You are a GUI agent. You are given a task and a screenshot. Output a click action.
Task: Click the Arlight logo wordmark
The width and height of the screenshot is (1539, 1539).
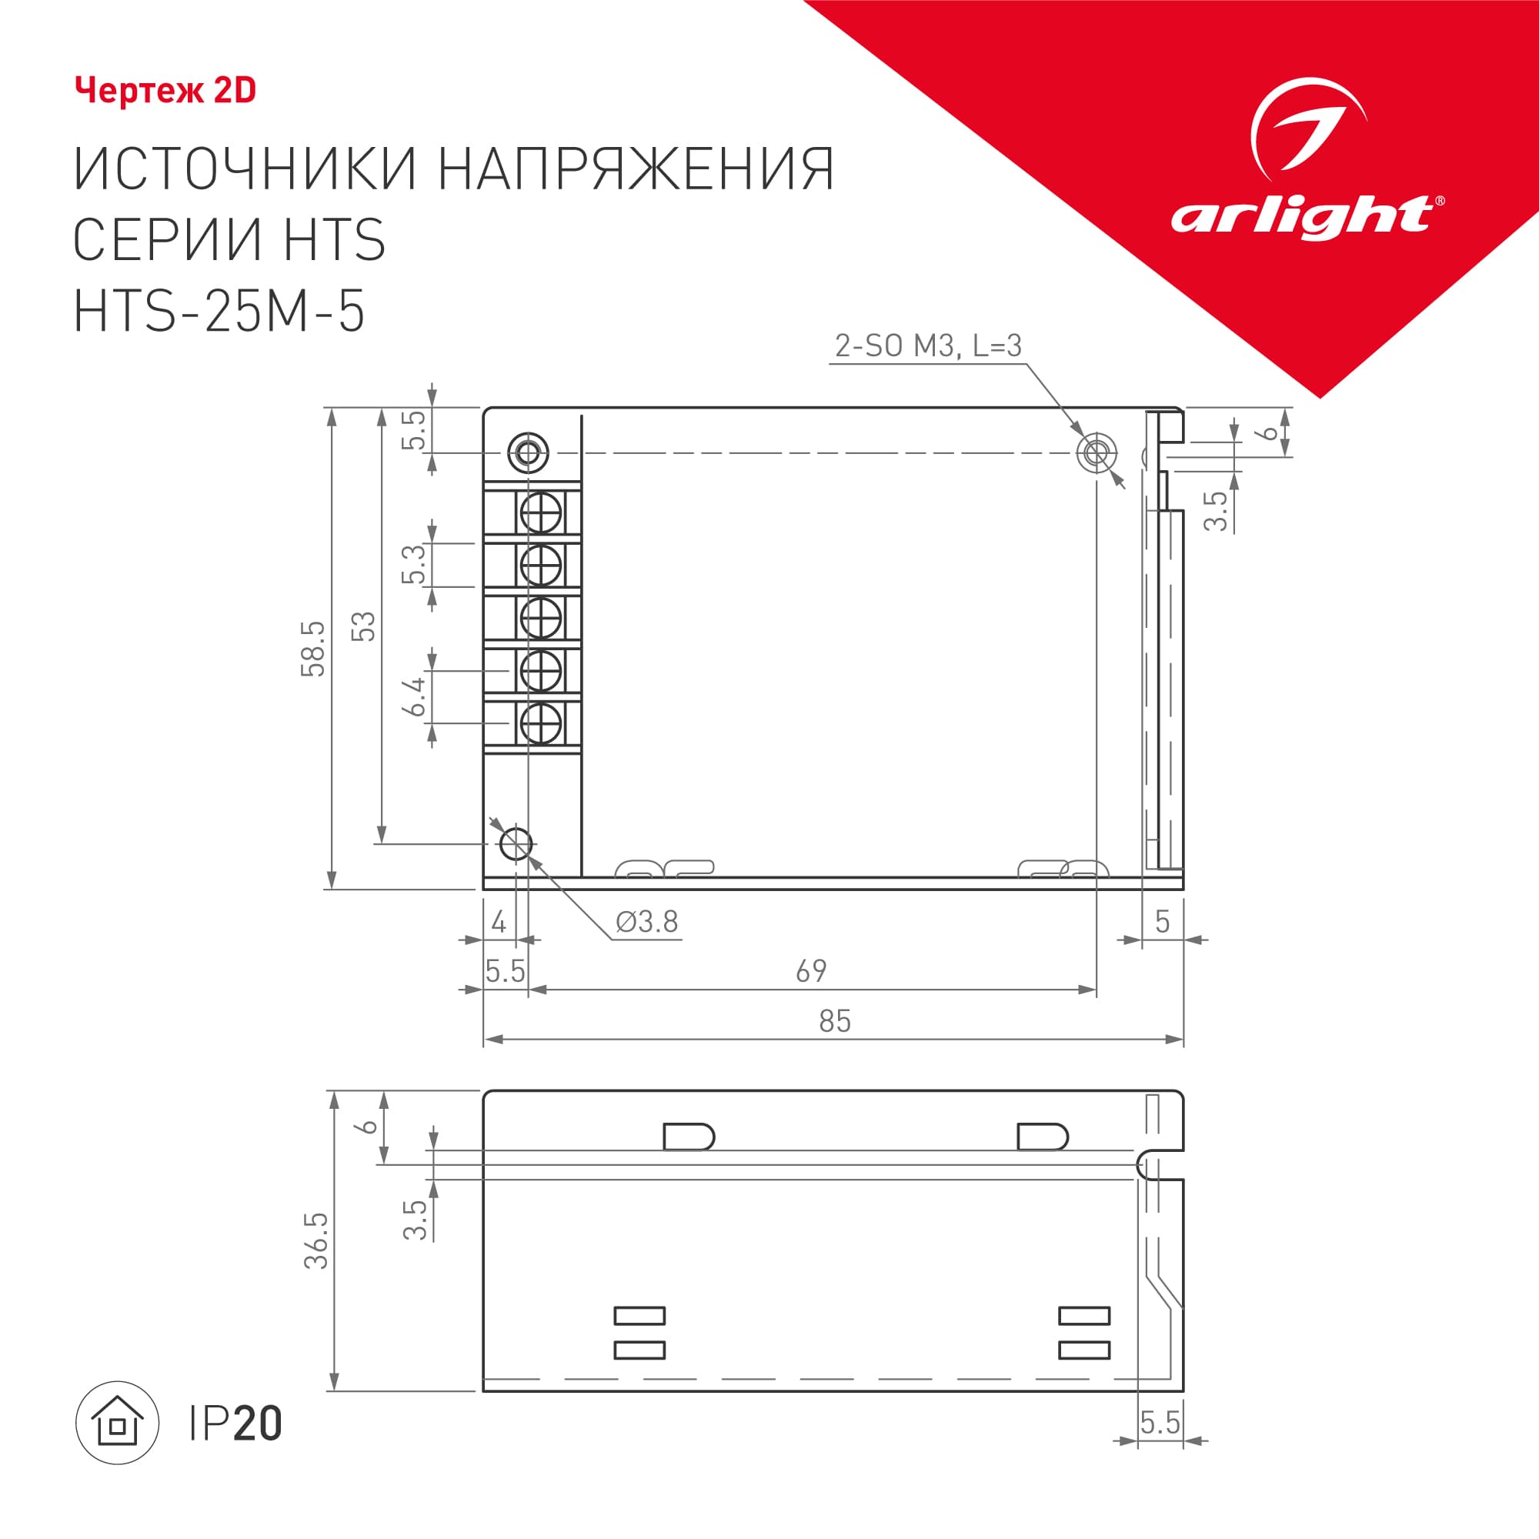1305,217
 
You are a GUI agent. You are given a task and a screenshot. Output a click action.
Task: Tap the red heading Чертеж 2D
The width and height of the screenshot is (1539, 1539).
165,91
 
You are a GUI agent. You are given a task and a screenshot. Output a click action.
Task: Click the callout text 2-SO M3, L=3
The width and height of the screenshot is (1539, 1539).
928,346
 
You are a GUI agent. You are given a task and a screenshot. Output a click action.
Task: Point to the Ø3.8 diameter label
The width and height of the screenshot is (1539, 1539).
647,922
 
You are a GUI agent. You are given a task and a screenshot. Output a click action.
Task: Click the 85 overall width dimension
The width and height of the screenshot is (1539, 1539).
835,1021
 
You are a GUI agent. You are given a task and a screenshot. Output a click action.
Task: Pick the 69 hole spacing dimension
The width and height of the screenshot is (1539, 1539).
811,971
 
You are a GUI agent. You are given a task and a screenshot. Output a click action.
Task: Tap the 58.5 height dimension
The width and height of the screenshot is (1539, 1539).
313,649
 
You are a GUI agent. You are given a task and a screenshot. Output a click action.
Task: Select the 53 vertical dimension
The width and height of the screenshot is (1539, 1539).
363,627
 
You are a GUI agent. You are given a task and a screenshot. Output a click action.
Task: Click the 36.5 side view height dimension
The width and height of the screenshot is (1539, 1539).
316,1240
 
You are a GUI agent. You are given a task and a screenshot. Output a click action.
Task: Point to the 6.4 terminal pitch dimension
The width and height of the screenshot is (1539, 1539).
414,696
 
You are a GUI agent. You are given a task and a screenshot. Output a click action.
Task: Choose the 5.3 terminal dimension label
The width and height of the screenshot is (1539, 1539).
414,565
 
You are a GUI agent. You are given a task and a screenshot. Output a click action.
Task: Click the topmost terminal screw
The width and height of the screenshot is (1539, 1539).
541,513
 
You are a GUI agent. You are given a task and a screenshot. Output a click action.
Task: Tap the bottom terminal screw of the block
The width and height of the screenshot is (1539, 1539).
541,724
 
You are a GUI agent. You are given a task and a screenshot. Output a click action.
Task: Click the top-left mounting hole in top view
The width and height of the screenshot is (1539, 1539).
528,453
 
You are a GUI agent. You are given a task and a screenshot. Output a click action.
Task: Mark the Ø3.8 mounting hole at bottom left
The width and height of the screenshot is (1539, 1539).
516,843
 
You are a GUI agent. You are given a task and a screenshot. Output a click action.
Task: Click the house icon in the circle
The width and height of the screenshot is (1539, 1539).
117,1422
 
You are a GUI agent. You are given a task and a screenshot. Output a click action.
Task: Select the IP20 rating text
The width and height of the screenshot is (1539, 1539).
235,1424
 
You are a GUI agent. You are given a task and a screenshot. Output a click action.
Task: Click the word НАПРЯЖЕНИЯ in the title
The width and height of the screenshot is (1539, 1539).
636,169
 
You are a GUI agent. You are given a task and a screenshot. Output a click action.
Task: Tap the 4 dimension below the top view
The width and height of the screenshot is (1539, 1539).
499,923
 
